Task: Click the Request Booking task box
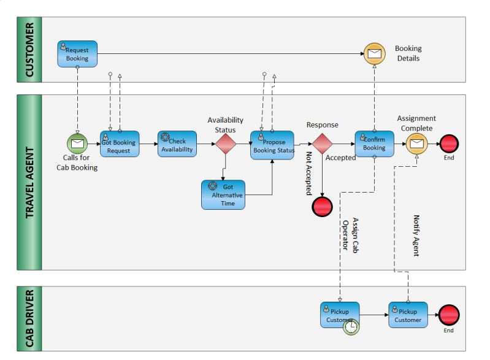77,54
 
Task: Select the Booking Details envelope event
374,54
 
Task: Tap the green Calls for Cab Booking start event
77,144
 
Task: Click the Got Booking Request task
120,144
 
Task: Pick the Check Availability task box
177,144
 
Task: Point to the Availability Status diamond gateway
226,144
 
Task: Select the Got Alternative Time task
223,194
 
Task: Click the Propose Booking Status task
272,145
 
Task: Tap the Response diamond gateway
322,144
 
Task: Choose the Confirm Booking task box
374,144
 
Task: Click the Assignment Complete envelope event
417,144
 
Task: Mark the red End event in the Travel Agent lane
449,144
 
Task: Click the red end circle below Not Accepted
322,207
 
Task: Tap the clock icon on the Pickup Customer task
351,327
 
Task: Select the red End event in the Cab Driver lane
449,315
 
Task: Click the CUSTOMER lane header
29,50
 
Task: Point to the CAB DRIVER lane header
29,318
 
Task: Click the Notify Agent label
416,236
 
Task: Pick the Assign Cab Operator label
350,235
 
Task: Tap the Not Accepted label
308,174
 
